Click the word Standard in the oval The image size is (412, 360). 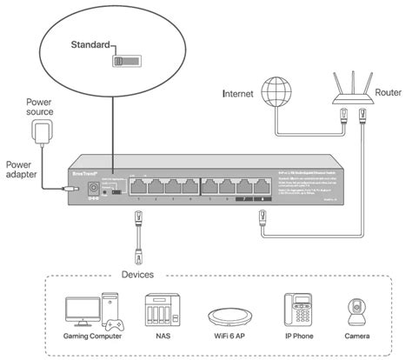tap(90, 43)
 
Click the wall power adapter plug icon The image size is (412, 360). tap(40, 134)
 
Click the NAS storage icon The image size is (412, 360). tap(156, 310)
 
